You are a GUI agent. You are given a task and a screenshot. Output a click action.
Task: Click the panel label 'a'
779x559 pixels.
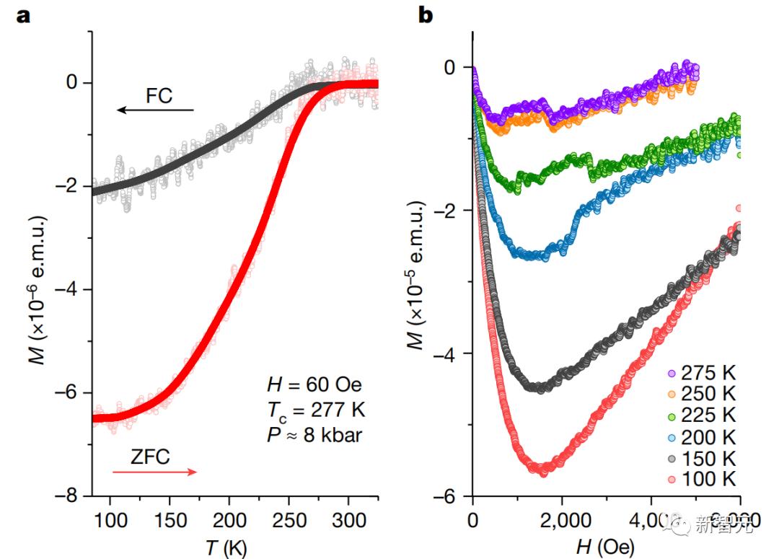click(24, 15)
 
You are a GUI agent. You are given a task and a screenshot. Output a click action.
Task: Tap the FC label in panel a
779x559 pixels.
click(159, 95)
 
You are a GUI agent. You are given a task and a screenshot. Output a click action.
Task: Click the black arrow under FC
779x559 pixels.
click(156, 110)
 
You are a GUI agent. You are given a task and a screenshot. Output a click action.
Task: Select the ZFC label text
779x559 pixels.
click(151, 456)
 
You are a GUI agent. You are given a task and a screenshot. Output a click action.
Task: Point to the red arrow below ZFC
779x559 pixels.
click(154, 472)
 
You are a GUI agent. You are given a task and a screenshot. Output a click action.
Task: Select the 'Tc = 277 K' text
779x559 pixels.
click(312, 410)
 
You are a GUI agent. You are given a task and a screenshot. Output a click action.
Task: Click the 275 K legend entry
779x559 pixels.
click(703, 374)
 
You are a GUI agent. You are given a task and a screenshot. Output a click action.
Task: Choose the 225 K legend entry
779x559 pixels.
click(703, 415)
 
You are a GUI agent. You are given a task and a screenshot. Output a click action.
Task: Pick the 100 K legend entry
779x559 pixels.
click(703, 478)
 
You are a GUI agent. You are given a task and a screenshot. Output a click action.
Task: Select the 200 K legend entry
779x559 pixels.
click(703, 436)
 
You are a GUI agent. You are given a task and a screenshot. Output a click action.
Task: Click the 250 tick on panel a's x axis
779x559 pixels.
click(289, 519)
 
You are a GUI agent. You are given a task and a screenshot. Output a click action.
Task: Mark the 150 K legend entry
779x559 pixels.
click(703, 457)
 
